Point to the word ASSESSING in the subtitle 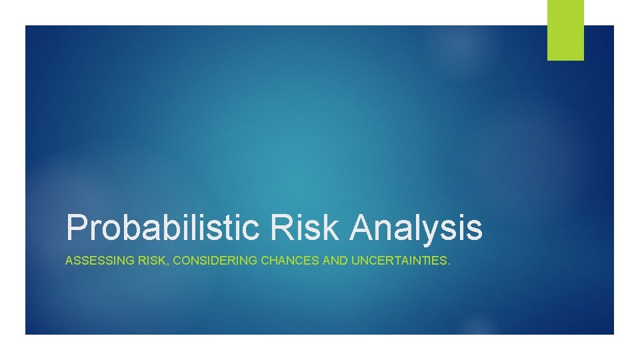coord(91,261)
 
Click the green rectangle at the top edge coord(565,30)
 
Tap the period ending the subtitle coord(449,264)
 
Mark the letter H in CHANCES coord(272,261)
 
